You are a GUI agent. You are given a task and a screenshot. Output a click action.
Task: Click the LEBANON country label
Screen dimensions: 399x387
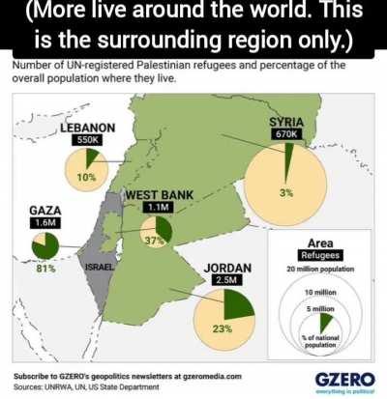(x=87, y=127)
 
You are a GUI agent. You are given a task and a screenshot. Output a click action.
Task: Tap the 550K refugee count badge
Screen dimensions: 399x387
(x=87, y=140)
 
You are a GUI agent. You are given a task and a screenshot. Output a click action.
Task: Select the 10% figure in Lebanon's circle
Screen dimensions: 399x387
(x=86, y=177)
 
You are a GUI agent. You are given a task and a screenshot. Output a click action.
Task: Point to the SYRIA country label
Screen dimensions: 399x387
(x=286, y=121)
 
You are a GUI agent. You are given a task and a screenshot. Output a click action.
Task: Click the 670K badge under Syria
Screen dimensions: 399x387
(x=286, y=134)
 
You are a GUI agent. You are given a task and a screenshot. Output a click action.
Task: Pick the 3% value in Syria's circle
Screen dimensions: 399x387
(x=286, y=193)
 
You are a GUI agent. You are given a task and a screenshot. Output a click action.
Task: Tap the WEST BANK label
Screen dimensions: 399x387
(x=159, y=195)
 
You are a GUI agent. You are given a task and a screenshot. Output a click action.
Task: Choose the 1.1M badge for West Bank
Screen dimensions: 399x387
(x=159, y=208)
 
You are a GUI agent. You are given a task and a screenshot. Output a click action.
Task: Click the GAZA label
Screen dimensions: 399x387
(x=45, y=210)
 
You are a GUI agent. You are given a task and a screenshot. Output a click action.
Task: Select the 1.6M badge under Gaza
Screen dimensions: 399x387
(x=45, y=223)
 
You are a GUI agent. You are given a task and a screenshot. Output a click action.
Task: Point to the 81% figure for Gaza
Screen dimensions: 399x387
(x=45, y=268)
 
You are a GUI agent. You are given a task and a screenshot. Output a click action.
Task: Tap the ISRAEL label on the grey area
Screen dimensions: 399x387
(x=102, y=267)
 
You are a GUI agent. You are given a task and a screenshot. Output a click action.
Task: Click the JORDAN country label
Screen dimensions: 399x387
(x=228, y=268)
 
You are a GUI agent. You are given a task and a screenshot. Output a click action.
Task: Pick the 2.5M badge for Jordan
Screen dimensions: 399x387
(x=228, y=281)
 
